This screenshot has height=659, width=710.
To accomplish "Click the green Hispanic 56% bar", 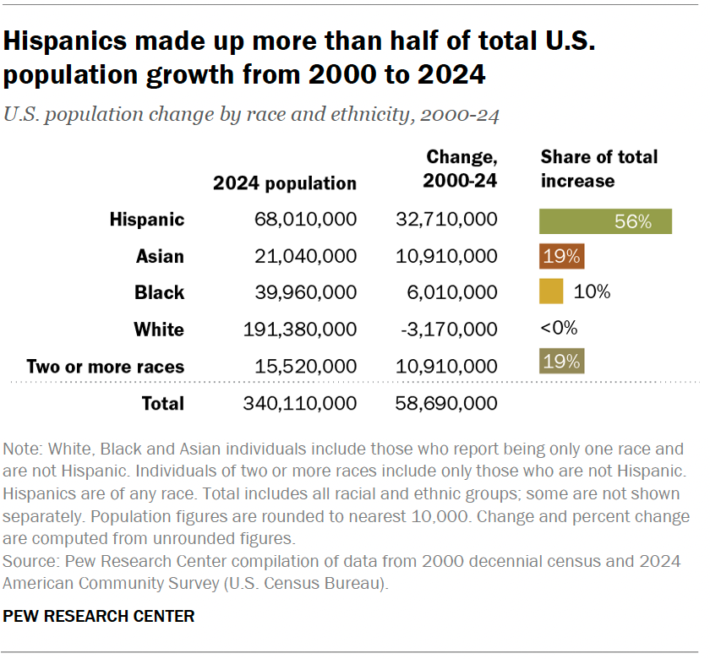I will click(x=605, y=221).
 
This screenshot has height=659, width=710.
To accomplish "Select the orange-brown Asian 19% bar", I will click(x=562, y=257).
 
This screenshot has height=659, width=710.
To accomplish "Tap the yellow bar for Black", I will click(x=551, y=291).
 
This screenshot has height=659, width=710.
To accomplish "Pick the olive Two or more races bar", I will click(x=562, y=362).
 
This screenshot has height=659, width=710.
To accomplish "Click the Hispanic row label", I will click(x=147, y=221).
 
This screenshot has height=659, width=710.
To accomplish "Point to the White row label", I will click(x=159, y=329).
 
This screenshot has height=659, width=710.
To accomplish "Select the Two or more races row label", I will click(x=106, y=367).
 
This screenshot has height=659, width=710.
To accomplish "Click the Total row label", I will click(x=162, y=403).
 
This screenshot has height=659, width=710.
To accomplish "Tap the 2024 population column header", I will click(x=285, y=183).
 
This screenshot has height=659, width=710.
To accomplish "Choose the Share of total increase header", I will click(x=598, y=169).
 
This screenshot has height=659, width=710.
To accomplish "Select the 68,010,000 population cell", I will click(x=305, y=221).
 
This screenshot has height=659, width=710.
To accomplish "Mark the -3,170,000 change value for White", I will click(x=447, y=329).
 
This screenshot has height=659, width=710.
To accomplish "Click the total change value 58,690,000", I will click(x=446, y=403).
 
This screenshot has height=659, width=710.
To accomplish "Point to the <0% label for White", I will click(x=559, y=329).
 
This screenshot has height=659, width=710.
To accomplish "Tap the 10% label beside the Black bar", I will click(x=592, y=292).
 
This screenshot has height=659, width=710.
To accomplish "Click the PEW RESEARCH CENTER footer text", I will click(x=99, y=616).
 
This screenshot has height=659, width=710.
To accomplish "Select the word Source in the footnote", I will click(x=30, y=561).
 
